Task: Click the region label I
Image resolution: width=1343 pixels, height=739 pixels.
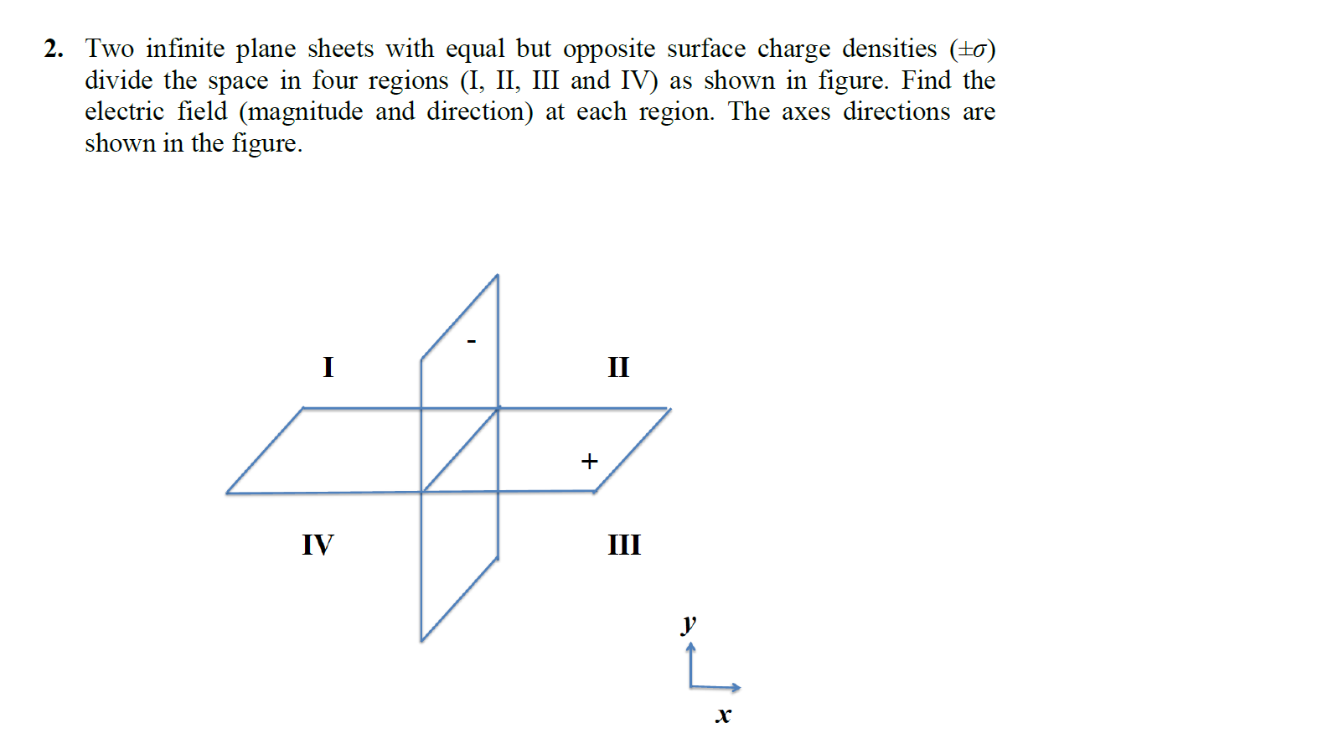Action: [328, 367]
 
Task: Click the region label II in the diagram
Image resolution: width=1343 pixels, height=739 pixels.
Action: [618, 367]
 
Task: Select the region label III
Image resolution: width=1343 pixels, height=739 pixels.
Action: [624, 545]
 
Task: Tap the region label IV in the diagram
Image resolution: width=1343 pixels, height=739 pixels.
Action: [318, 545]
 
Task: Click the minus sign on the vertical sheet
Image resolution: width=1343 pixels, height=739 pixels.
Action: [472, 341]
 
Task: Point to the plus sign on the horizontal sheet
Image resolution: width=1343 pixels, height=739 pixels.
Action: [590, 461]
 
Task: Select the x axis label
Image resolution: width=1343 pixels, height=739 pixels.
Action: [723, 715]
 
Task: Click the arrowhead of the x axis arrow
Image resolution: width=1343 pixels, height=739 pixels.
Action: [736, 687]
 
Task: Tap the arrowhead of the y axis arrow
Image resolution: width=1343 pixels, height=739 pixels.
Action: [690, 647]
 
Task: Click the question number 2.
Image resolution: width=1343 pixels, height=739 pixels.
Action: [54, 49]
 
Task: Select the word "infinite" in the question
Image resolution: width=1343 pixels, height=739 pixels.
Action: [185, 49]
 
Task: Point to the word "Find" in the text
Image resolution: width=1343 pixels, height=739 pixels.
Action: [926, 80]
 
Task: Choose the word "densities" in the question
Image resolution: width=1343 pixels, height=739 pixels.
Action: [889, 49]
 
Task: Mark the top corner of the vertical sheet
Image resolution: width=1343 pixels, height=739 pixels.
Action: [498, 275]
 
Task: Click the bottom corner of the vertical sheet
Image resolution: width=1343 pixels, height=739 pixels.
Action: [421, 641]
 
